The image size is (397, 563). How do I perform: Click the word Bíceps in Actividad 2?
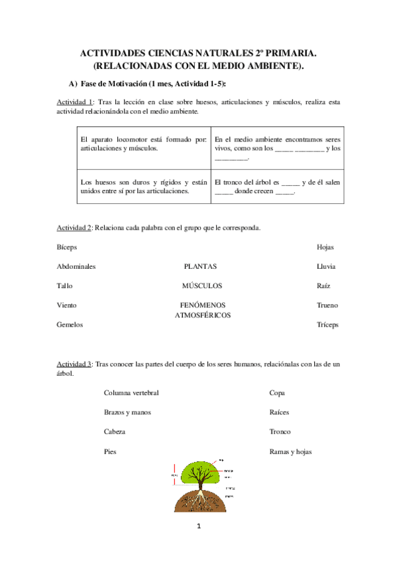67,247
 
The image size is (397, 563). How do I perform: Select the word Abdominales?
76,266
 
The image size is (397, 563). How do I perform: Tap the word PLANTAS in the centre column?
200,266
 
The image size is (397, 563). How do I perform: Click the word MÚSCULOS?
202,286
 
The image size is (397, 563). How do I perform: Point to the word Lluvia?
326,266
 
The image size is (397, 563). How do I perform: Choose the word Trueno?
327,305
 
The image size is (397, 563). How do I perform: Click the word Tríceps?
327,325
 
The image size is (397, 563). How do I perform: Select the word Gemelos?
70,325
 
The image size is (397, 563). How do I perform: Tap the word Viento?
67,305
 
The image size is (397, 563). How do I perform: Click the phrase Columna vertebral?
131,392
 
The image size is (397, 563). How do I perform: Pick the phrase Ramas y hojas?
291,451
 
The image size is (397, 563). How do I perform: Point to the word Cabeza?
115,432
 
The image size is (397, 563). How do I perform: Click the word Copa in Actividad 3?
277,392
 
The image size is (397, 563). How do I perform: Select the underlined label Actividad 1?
74,102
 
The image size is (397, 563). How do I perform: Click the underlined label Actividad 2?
74,228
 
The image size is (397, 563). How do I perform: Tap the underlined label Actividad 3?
74,364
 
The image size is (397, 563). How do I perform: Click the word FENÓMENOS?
203,305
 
